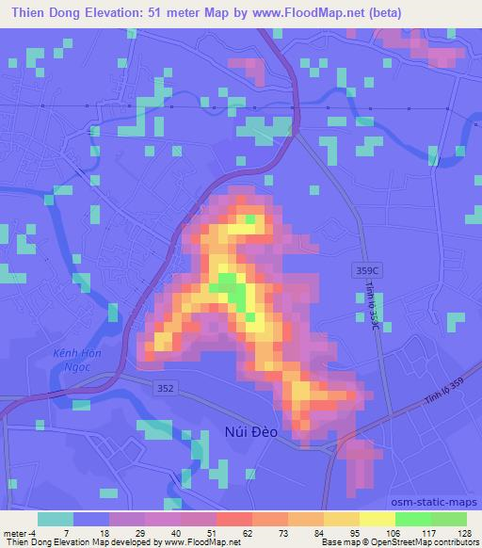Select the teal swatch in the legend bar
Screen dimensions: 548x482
(x=56, y=518)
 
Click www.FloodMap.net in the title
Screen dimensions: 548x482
(x=298, y=13)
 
